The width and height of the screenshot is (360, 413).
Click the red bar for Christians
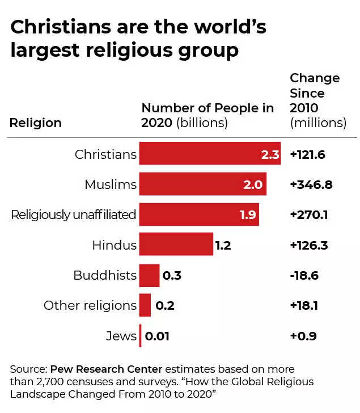click(204, 154)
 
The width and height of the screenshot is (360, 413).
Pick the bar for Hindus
click(176, 245)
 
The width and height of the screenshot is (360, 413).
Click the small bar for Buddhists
click(149, 275)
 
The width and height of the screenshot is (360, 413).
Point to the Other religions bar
click(145, 305)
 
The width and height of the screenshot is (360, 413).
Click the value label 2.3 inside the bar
click(270, 154)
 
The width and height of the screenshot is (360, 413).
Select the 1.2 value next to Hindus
click(223, 245)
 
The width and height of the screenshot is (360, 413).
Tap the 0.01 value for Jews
click(157, 336)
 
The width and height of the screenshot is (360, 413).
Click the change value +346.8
click(311, 184)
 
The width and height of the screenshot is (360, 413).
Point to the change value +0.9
click(303, 336)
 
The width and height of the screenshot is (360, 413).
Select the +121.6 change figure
click(307, 154)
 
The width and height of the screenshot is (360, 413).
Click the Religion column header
click(36, 123)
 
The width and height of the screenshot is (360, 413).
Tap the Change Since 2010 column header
click(317, 100)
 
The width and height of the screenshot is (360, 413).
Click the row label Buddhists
click(105, 275)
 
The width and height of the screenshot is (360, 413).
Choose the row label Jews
click(121, 336)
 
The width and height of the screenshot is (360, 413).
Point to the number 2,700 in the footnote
click(70, 381)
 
